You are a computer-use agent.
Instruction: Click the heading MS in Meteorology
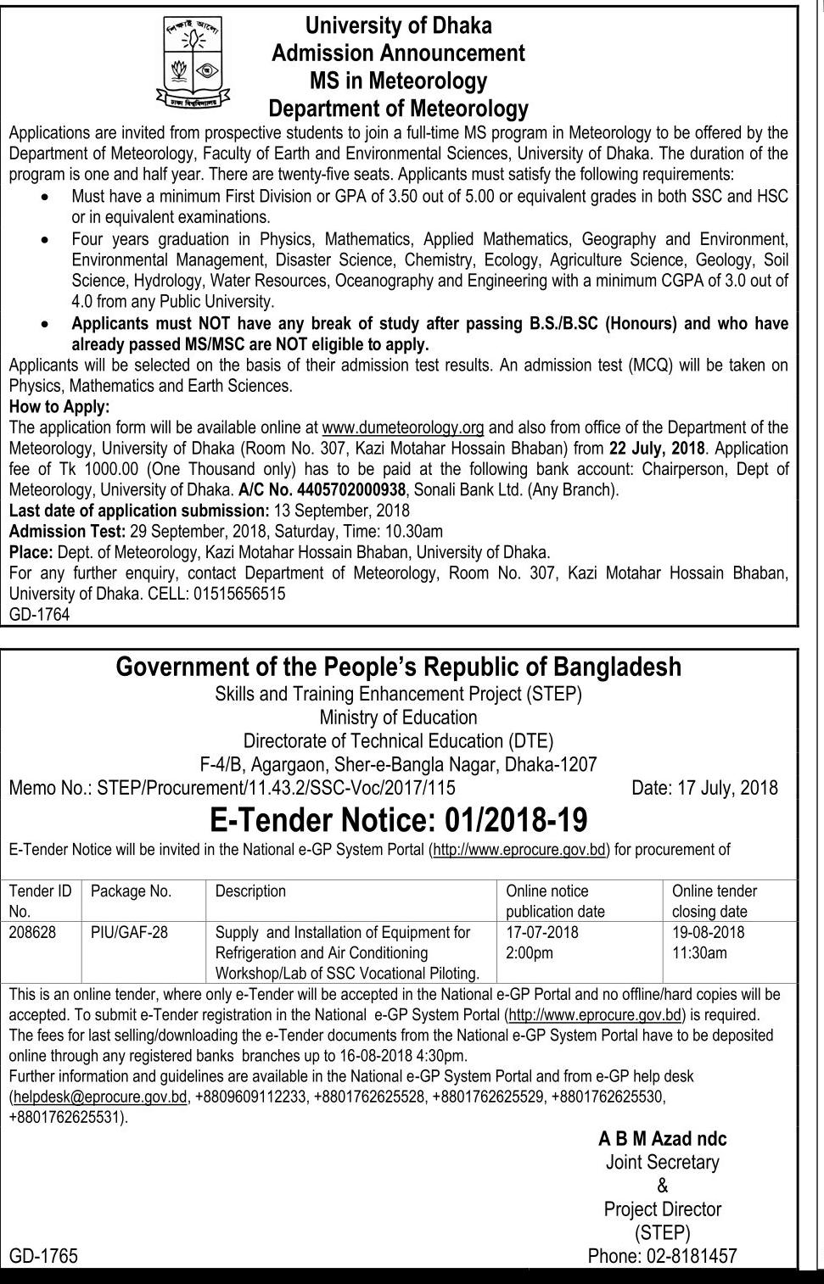398,81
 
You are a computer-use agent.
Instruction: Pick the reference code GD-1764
40,614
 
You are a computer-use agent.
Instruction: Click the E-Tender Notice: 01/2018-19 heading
398,820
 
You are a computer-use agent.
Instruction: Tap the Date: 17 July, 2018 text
704,788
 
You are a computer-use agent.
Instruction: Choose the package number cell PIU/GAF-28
129,932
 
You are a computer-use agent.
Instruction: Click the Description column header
250,891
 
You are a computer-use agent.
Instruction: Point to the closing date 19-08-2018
708,932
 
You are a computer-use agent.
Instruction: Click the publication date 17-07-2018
542,932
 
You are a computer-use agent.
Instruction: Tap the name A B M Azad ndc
662,1139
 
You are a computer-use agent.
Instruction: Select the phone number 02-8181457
662,1256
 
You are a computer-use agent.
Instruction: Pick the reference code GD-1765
43,1256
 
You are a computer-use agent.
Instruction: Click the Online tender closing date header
714,901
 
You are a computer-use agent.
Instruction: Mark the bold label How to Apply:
59,406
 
